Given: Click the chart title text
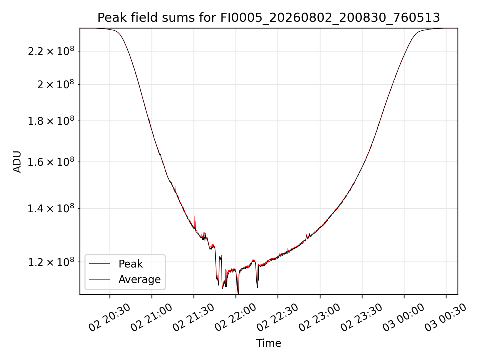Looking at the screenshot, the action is point(268,18).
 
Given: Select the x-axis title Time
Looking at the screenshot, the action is point(268,343).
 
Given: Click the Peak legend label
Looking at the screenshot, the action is point(130,264).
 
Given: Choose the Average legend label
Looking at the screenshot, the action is point(139,279).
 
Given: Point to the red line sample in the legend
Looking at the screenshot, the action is point(99,263).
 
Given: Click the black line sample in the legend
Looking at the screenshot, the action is point(99,279).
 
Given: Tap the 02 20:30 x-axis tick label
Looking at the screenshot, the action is point(110,317).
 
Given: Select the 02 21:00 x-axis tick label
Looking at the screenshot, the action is point(152,317).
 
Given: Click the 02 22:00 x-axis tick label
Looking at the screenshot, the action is point(236,317).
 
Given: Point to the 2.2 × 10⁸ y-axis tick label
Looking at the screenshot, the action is point(51,51).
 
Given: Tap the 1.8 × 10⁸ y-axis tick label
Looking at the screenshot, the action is point(51,121).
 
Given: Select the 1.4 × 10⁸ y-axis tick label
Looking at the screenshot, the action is point(51,208).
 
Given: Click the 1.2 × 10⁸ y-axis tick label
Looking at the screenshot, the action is point(51,262).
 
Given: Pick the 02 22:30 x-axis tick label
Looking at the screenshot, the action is point(278,317).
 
